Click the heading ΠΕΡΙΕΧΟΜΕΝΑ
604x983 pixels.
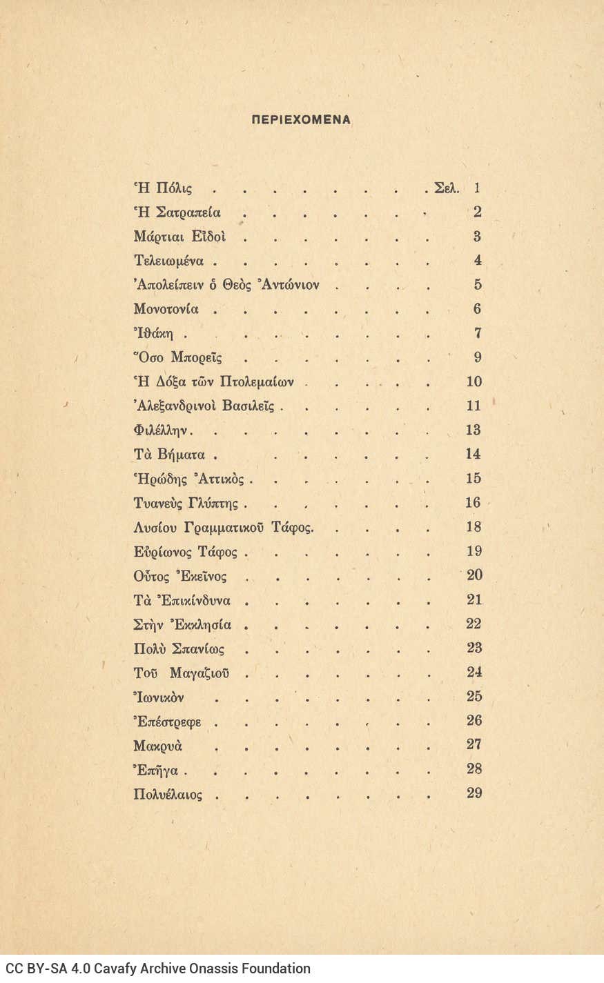coord(300,119)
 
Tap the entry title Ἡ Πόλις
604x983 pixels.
coord(163,188)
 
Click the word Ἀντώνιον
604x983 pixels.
coord(289,285)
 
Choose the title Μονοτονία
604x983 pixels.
coord(169,309)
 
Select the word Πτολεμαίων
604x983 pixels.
coord(257,382)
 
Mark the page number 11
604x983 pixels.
coord(474,406)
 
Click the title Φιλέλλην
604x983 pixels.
coord(163,430)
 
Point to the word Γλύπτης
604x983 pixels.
coord(209,504)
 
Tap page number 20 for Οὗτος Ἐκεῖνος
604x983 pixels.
coord(474,575)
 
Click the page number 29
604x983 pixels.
coord(474,793)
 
